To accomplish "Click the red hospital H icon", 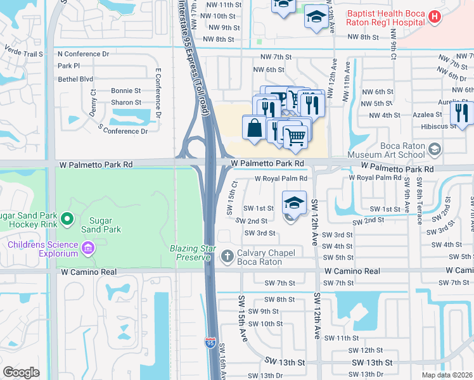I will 434,18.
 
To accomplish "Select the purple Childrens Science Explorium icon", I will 88,248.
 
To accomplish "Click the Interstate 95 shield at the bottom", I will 210,343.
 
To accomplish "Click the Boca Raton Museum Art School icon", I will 434,149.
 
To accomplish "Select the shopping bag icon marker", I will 254,127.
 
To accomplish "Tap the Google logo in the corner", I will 21,372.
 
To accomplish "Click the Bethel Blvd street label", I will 75,79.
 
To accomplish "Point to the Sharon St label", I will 126,103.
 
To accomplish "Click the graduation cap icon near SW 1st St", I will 294,203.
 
